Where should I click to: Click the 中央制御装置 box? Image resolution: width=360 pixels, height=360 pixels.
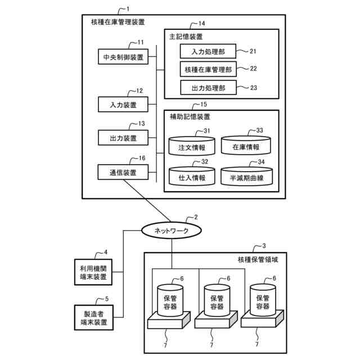(123, 57)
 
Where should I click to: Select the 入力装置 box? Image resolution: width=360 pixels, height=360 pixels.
(123, 105)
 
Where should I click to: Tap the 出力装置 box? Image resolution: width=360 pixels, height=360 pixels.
(123, 138)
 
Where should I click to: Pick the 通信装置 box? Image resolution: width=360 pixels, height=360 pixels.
(123, 172)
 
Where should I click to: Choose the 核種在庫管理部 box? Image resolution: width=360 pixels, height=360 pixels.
(207, 70)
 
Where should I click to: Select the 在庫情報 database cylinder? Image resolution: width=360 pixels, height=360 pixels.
(245, 146)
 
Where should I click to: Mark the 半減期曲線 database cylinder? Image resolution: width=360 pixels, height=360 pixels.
(246, 177)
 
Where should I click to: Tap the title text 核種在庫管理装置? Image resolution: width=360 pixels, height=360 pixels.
(118, 22)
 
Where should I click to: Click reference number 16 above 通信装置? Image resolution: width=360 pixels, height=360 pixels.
(142, 159)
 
